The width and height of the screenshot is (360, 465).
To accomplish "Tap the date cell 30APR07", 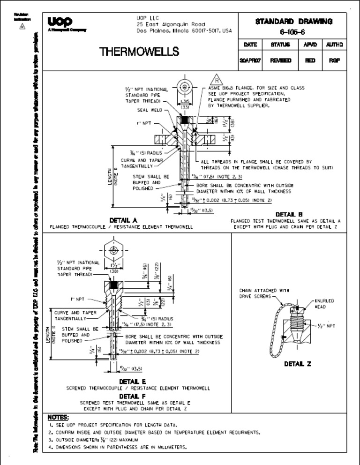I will click(250, 61).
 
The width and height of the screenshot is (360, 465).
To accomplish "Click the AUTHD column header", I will click(334, 45).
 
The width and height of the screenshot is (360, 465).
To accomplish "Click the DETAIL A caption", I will click(123, 220).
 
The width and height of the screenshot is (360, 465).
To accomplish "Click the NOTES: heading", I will click(59, 417).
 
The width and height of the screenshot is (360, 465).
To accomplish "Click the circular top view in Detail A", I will click(186, 88).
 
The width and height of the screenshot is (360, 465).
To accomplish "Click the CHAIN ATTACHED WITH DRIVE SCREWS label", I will click(259, 293).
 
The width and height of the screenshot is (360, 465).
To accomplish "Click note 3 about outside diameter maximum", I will click(94, 440).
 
